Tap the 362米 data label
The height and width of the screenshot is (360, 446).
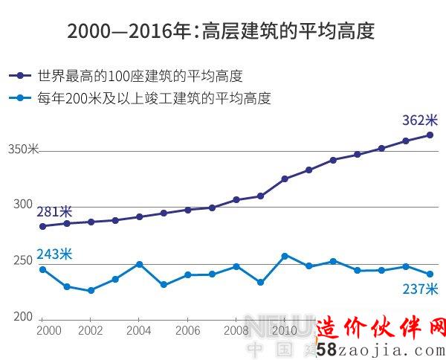point(420,120)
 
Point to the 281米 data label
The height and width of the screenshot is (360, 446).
point(54,211)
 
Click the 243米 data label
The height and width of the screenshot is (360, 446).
point(54,254)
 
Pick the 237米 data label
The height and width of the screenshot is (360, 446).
point(421,289)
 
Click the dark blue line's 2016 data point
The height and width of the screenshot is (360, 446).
point(430,135)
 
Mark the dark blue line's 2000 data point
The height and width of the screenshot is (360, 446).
point(42,226)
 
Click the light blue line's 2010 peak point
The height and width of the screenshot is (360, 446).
point(285,256)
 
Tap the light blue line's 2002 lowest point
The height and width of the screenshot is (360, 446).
point(91,291)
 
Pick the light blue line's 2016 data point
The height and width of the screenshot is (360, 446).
point(430,274)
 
